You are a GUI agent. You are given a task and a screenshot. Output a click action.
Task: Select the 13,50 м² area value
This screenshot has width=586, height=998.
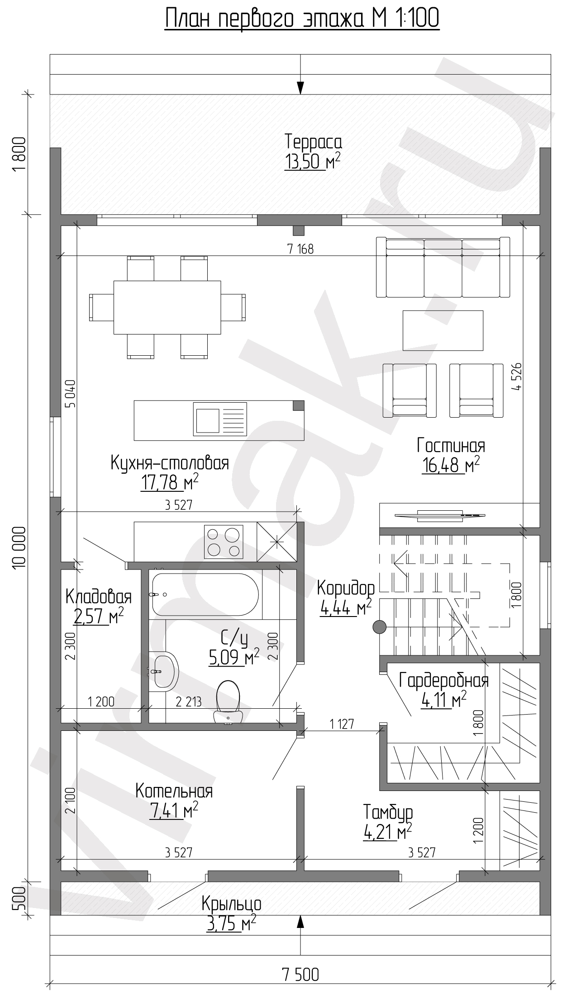(312, 161)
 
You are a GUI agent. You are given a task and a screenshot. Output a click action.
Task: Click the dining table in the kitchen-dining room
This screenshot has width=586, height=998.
(167, 307)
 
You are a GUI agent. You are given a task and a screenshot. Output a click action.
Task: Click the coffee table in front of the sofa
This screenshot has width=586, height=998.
(443, 330)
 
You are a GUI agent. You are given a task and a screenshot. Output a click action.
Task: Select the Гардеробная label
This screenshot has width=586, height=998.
(444, 680)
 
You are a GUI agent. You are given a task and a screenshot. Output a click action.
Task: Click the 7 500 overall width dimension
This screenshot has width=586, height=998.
(300, 971)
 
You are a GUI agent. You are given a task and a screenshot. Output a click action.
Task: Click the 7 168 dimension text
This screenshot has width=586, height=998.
(300, 249)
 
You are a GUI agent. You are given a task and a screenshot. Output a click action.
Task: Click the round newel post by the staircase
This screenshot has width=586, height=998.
(379, 627)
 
